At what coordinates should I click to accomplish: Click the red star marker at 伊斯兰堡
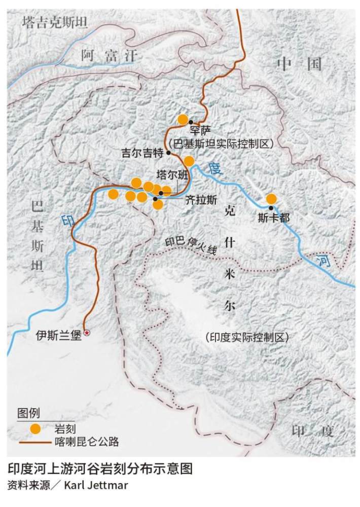coord(88,333)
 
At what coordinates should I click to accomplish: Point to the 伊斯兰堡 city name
coord(58,335)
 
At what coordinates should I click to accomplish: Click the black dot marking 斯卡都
coord(271,208)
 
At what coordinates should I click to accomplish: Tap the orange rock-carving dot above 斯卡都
coord(271,199)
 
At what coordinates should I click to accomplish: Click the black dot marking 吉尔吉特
coord(168,152)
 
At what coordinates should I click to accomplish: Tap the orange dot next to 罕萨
coord(183,120)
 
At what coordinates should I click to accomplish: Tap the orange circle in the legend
coord(34,428)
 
